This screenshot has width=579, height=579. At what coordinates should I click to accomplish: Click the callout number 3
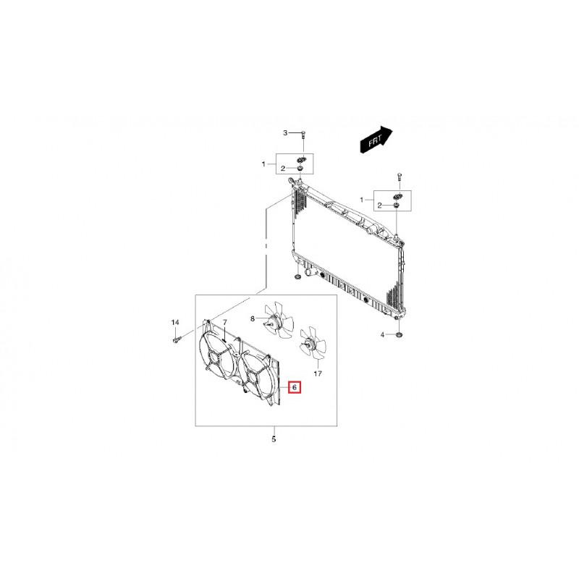(285, 133)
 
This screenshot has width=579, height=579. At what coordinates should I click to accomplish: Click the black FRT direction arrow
(376, 140)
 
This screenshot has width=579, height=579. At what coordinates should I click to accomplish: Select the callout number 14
(175, 322)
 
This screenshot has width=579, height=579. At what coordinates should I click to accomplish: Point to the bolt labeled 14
(175, 339)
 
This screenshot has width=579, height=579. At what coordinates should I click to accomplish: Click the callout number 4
(383, 335)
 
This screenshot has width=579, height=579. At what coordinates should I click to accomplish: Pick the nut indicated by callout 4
(400, 335)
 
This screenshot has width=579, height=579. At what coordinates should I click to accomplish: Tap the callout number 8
(253, 318)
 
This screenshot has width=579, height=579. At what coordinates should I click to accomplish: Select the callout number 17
(318, 373)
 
